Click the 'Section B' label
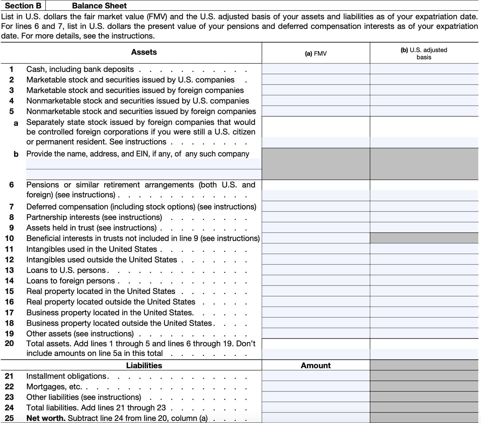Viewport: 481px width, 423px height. point(23,6)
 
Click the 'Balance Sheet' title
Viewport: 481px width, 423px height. point(99,6)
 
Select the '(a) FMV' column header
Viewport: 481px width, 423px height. point(316,54)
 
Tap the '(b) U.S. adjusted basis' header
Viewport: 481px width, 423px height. point(424,54)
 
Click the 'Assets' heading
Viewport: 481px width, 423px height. point(144,52)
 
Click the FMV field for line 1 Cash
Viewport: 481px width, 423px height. point(316,69)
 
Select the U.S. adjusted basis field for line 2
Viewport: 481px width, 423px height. point(424,79)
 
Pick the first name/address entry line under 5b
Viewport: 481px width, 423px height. point(144,164)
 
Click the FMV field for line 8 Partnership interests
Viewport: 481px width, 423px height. point(316,217)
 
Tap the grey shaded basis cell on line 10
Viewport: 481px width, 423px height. point(424,238)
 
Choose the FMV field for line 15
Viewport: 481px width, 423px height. point(316,291)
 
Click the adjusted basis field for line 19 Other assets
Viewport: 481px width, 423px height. point(424,333)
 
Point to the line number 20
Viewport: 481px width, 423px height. point(9,343)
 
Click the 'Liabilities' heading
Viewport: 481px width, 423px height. point(144,365)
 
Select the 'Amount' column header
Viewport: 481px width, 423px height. point(316,365)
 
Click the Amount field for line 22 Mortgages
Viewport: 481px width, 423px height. point(316,386)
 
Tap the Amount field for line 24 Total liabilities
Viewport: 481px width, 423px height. point(316,407)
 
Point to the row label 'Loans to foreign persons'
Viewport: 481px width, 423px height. point(71,281)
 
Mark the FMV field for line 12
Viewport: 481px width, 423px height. point(316,259)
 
